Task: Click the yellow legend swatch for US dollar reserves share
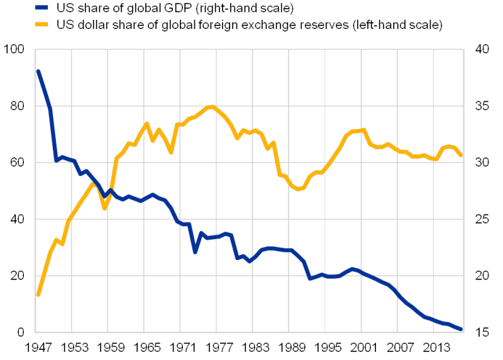tap(42, 25)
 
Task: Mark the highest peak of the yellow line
tap(212, 106)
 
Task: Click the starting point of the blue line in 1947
tap(38, 70)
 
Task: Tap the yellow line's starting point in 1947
tap(38, 295)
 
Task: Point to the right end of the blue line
tap(462, 329)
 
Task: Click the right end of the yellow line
tap(462, 155)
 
